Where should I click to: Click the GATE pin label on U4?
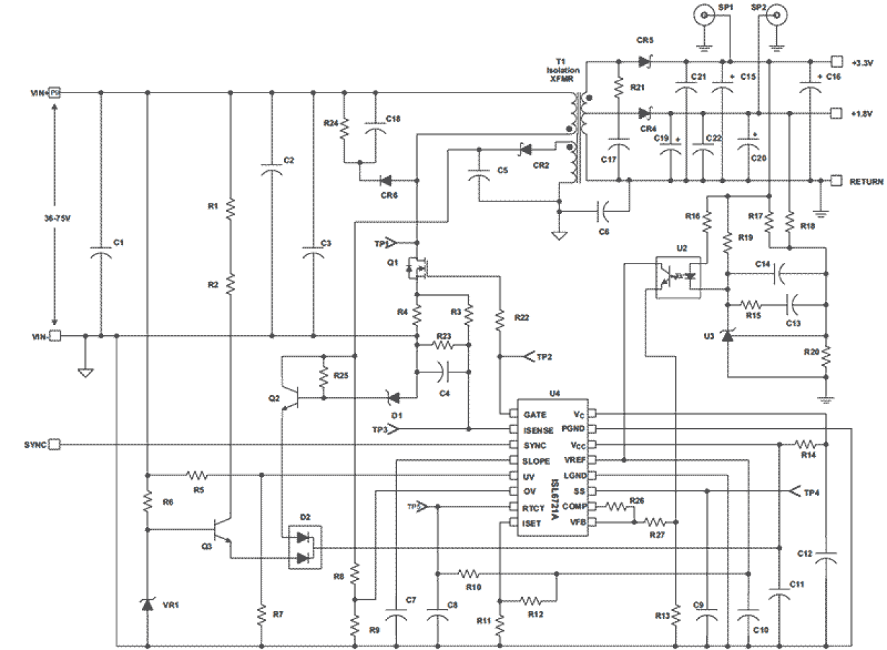click(535, 414)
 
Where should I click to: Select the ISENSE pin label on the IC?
click(538, 430)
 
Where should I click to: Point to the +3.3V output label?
click(864, 63)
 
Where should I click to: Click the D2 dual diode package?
click(304, 548)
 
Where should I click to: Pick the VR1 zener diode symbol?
click(147, 603)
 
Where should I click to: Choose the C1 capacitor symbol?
click(100, 253)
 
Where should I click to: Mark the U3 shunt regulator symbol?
click(727, 336)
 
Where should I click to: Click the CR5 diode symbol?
click(644, 62)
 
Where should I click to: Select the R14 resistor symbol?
click(806, 444)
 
